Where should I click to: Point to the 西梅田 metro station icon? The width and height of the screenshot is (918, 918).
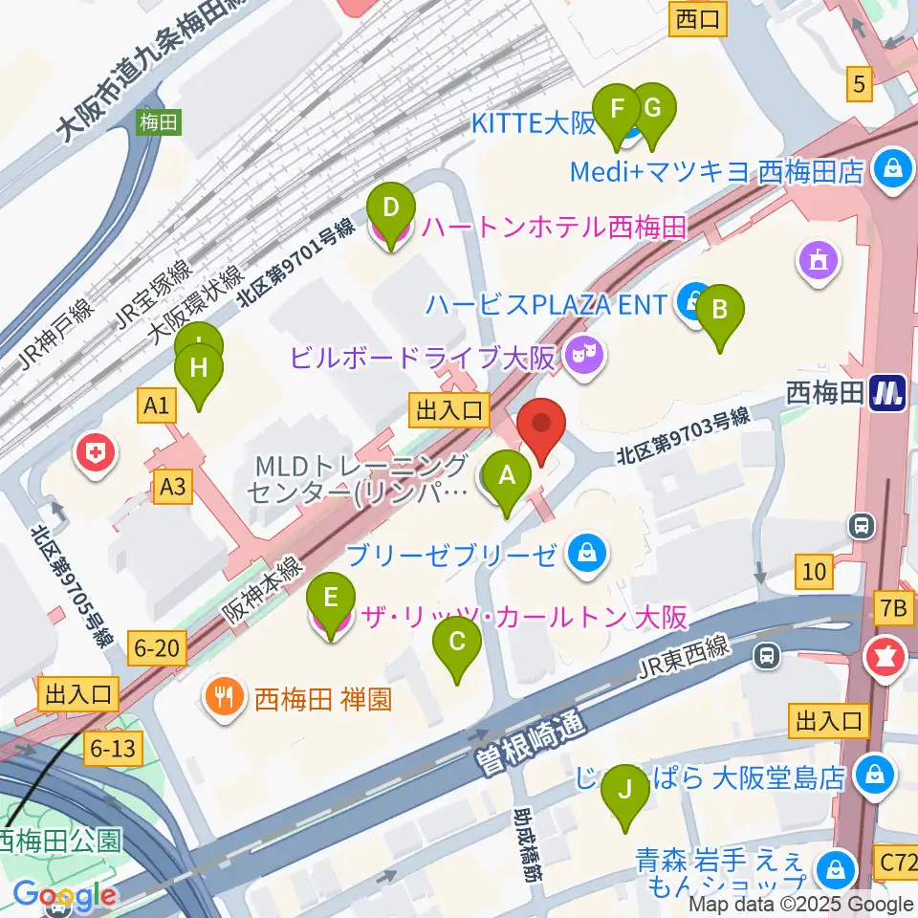pos(887,393)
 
